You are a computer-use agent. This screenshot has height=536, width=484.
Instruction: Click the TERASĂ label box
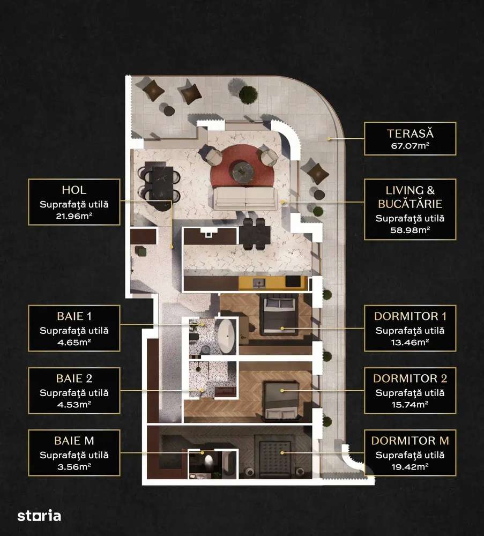[x=410, y=138]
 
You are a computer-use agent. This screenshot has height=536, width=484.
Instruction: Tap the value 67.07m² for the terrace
[x=410, y=145]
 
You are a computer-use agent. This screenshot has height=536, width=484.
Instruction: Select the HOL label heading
[x=74, y=190]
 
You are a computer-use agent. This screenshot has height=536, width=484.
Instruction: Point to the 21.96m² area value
[x=74, y=218]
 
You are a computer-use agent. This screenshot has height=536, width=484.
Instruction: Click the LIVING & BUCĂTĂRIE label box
[x=410, y=209]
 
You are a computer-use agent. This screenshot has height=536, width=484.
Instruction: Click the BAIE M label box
[x=74, y=454]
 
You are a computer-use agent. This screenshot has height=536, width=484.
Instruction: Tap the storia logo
[x=39, y=516]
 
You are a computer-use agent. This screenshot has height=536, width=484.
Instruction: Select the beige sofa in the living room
[x=247, y=198]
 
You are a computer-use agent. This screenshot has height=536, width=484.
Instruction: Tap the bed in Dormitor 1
[x=278, y=316]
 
